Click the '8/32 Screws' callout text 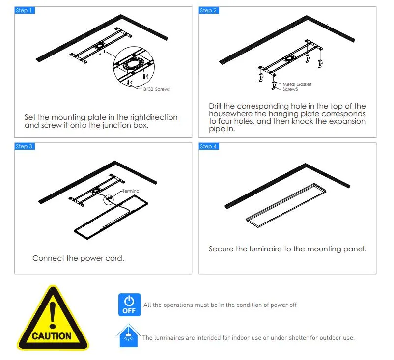tap(156, 89)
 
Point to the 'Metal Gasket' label tap(297, 84)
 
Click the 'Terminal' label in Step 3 tap(131, 191)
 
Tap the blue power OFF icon tap(129, 305)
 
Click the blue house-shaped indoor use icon tap(128, 335)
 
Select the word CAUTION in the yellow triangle tap(52, 336)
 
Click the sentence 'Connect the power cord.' tap(78, 258)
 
